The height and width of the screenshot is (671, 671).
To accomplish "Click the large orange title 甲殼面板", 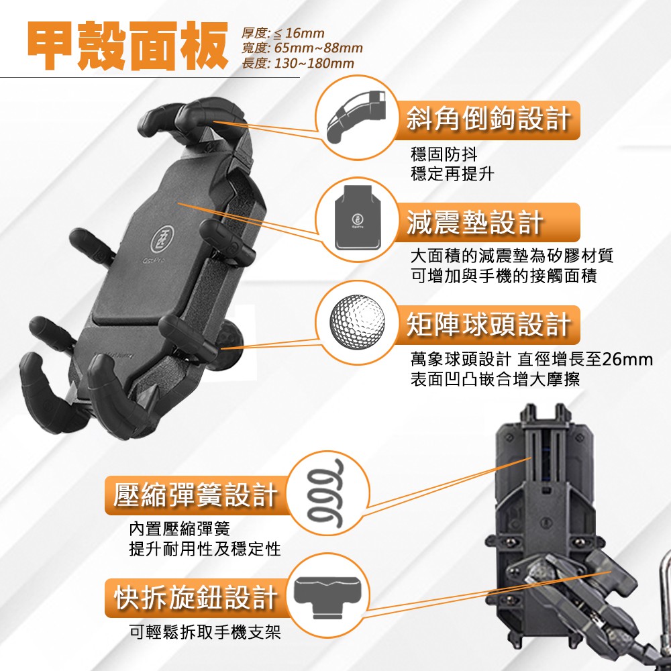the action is pyautogui.click(x=127, y=46).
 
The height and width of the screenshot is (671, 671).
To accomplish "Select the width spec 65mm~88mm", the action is pyautogui.click(x=318, y=48).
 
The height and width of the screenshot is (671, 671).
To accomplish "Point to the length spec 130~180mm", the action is pyautogui.click(x=314, y=63).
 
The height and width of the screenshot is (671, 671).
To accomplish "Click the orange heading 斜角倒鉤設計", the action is pyautogui.click(x=488, y=119).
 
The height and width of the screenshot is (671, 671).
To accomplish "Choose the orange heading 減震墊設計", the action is pyautogui.click(x=475, y=223).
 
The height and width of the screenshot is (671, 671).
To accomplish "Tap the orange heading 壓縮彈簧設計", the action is pyautogui.click(x=195, y=495).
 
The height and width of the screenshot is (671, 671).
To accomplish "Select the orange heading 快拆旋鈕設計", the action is pyautogui.click(x=195, y=597).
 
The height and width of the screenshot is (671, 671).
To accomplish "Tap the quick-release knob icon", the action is pyautogui.click(x=328, y=597).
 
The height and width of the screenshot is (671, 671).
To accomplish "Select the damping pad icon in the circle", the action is pyautogui.click(x=358, y=217).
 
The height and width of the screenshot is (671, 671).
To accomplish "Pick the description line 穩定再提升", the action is pyautogui.click(x=452, y=174).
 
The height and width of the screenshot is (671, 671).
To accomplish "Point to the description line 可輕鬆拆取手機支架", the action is pyautogui.click(x=205, y=631).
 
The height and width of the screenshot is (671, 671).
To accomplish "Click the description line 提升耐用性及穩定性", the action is pyautogui.click(x=205, y=549).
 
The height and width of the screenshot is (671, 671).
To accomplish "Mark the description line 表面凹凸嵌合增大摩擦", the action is pyautogui.click(x=495, y=379).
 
